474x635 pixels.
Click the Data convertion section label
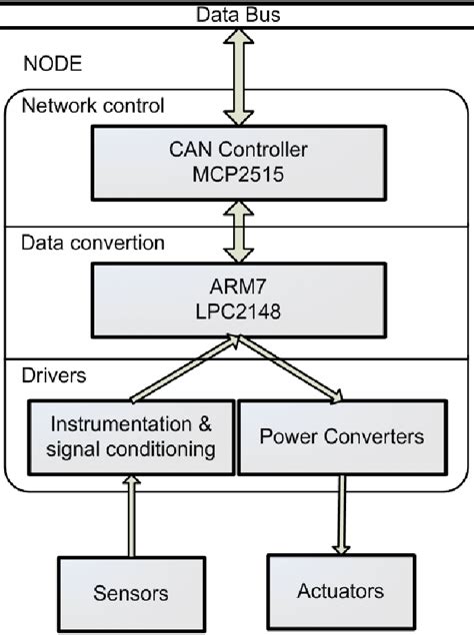93,243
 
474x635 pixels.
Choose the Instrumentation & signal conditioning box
130,437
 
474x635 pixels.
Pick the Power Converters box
341,437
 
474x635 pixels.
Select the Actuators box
341,590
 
